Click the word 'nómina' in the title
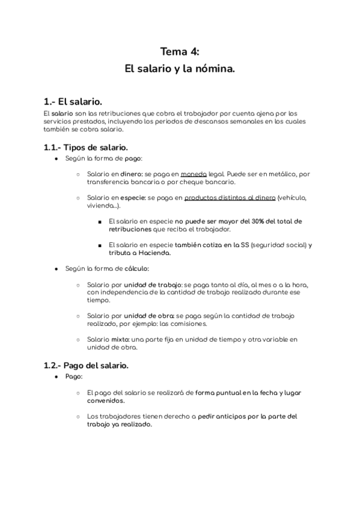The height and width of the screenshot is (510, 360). coord(216,69)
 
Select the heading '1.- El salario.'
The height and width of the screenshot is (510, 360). coord(78,100)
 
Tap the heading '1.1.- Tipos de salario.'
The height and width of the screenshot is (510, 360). coord(85,146)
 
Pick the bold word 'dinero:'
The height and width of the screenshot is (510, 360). coord(132,174)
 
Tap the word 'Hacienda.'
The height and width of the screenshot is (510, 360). coord(154,253)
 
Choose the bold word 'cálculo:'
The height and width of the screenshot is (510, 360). coord(136,268)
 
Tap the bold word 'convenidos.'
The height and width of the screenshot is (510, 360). coord(106,401)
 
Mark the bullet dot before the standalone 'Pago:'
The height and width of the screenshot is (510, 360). coord(56,376)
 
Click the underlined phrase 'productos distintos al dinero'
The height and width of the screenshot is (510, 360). coord(230,197)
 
